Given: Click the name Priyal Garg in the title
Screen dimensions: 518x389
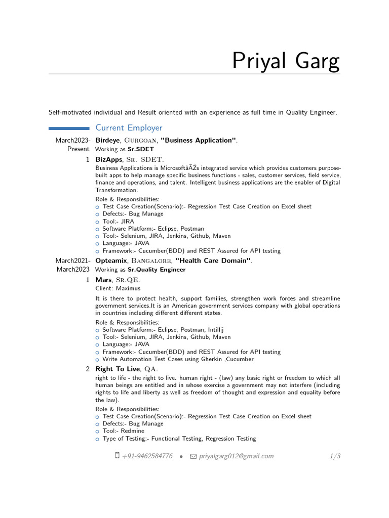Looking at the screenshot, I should (286, 61).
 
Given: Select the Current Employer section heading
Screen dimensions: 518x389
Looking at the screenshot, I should (129, 128).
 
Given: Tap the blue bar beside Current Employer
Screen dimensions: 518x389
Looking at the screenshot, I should (69, 128).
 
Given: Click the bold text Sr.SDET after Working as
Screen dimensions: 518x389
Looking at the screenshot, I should (140, 149).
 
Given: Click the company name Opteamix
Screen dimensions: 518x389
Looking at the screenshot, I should (110, 261).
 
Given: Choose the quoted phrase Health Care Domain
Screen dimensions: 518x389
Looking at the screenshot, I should (213, 261).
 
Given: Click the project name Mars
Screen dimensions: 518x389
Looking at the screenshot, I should (103, 280).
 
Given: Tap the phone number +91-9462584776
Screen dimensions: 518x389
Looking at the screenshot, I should (147, 456).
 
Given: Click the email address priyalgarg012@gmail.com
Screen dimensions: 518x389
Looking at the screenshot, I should (236, 456).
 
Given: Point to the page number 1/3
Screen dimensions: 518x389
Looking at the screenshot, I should (335, 456).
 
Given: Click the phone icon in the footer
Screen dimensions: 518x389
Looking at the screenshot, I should (118, 456).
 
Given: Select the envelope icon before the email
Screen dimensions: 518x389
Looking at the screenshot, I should (193, 456).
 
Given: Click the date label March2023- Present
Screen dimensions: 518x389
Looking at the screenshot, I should (73, 145).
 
